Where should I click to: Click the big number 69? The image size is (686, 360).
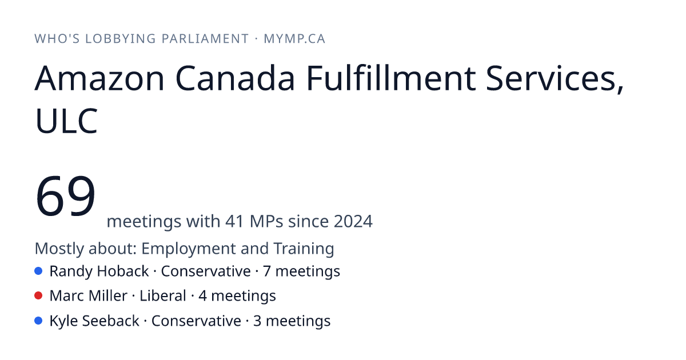coord(66,196)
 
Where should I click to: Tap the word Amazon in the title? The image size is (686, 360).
coord(99,78)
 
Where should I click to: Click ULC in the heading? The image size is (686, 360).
coord(66,121)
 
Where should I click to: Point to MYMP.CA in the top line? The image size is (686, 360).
coord(294,39)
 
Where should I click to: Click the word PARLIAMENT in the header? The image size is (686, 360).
coord(205,39)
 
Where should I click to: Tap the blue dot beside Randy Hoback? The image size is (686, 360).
coord(38,271)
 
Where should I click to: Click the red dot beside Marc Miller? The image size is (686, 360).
coord(38,296)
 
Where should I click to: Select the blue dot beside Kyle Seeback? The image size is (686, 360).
coord(38,321)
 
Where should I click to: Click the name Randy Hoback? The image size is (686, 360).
coord(99,271)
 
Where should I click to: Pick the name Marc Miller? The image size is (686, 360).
coord(89,296)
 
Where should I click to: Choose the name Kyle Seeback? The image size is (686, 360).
coord(94,321)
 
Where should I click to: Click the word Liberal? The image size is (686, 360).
coord(163,296)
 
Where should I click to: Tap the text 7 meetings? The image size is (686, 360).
coord(302,271)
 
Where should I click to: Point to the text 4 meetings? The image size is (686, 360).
coord(237,297)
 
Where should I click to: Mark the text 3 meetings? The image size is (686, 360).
coord(292,321)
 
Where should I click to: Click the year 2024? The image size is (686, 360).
coord(353,221)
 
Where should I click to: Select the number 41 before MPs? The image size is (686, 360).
coord(235,221)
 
